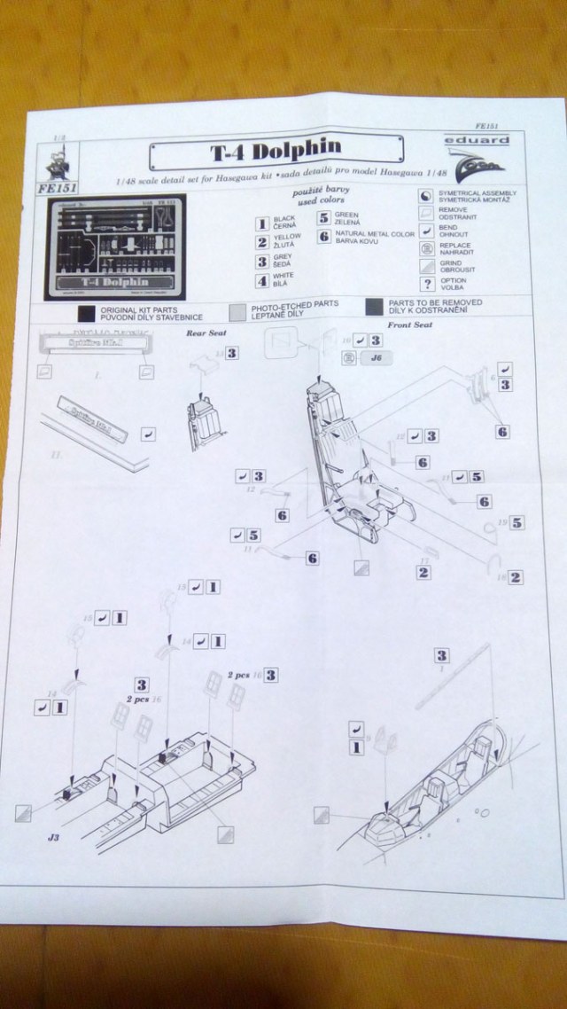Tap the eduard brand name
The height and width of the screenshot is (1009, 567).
(486, 140)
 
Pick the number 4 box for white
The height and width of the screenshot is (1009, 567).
(261, 282)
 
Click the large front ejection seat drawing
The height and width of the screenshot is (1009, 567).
(348, 461)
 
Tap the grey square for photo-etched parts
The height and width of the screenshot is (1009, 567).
(238, 309)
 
